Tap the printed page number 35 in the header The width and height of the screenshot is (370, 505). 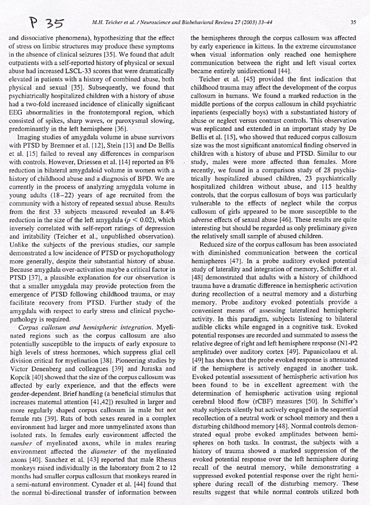pyautogui.click(x=353, y=21)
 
